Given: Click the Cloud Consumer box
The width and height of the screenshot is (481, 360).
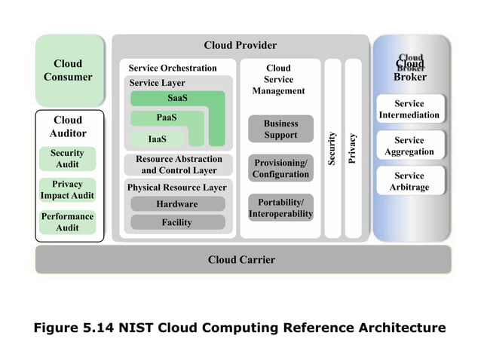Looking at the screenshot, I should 68,70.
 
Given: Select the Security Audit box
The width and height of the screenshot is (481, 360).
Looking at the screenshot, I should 68,158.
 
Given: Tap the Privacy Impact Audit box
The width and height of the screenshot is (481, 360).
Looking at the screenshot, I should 68,190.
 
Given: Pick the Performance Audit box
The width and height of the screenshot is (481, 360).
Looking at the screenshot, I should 68,221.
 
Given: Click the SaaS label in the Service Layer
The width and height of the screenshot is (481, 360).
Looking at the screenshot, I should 177,99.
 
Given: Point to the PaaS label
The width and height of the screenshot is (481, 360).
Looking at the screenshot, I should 167,118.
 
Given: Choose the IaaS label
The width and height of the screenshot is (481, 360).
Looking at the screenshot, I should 158,139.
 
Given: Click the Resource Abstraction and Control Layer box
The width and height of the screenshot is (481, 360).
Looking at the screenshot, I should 179,164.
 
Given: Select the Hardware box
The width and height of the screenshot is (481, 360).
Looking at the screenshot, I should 177,204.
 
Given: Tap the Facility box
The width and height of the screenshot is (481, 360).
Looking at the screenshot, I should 177,222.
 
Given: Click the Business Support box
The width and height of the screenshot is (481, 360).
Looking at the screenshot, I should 280,129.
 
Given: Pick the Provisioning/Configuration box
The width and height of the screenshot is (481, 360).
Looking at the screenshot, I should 280,169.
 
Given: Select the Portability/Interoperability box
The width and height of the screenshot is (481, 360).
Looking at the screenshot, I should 280,208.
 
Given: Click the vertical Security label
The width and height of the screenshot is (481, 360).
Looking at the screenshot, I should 332,148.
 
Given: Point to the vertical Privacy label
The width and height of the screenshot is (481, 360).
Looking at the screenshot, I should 352,148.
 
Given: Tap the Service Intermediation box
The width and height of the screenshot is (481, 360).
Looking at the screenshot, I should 409,109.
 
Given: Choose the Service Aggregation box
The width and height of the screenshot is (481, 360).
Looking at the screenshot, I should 409,146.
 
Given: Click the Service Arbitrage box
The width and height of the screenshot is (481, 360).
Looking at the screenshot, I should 409,182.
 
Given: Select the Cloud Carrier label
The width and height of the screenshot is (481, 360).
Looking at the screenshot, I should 241,260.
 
